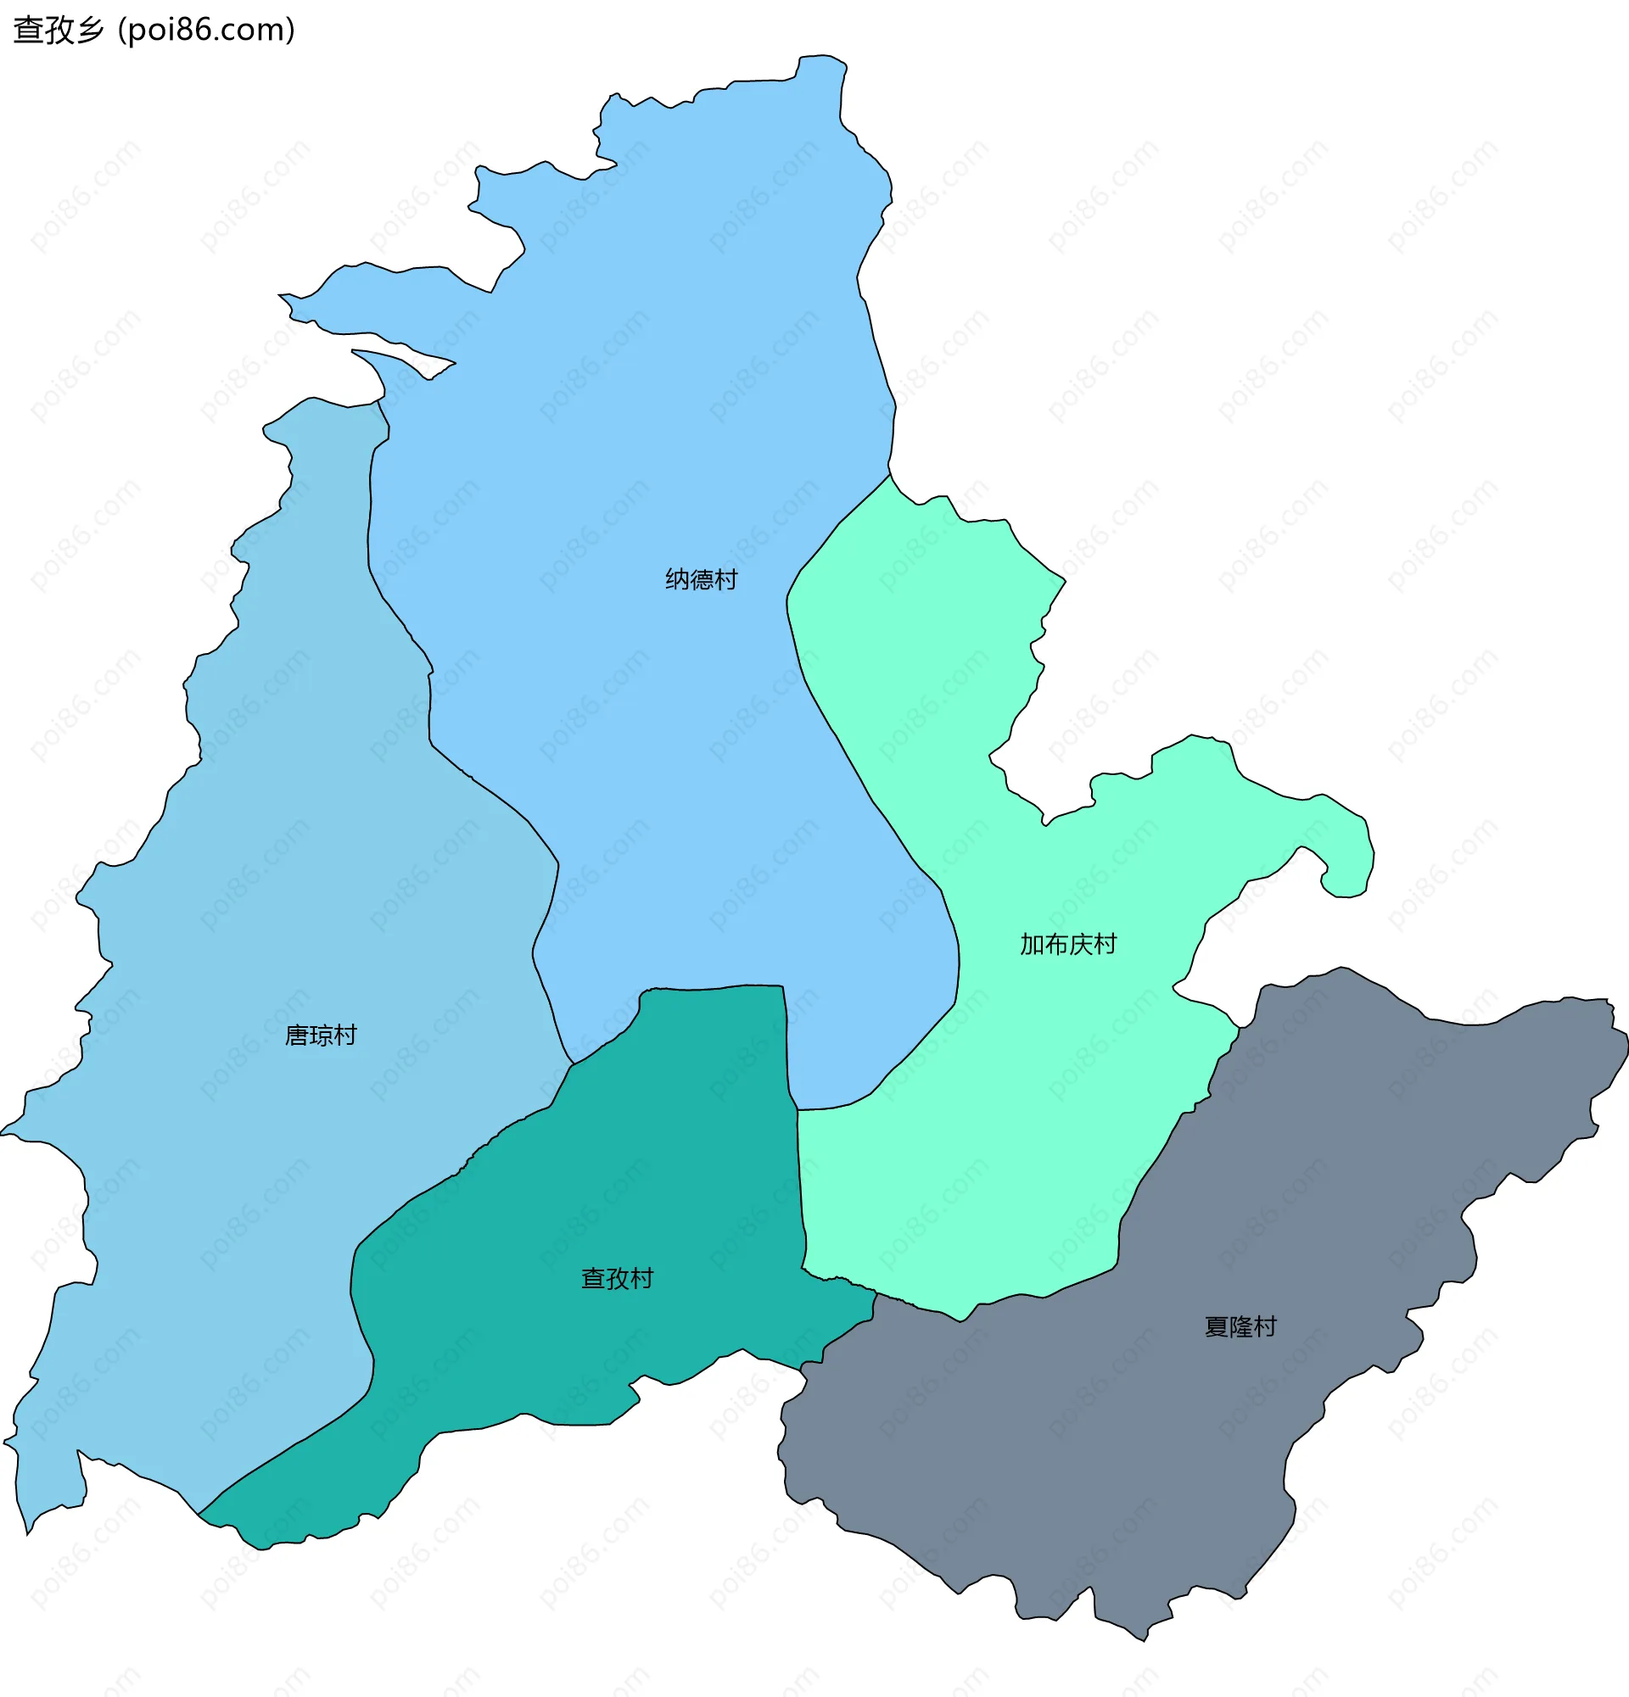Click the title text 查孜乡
pyautogui.click(x=58, y=31)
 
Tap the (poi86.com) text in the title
pyautogui.click(x=206, y=31)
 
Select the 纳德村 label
pyautogui.click(x=701, y=579)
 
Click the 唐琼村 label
pyautogui.click(x=321, y=1036)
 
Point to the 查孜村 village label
pyautogui.click(x=617, y=1279)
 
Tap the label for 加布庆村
pyautogui.click(x=1068, y=945)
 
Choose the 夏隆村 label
pyautogui.click(x=1240, y=1327)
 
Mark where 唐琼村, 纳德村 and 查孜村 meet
pyautogui.click(x=574, y=1064)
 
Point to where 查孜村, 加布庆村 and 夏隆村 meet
pyautogui.click(x=876, y=1294)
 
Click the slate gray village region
pyautogui.click(x=1126, y=1429)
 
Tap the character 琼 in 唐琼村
pyautogui.click(x=321, y=1036)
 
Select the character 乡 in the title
pyautogui.click(x=89, y=31)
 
